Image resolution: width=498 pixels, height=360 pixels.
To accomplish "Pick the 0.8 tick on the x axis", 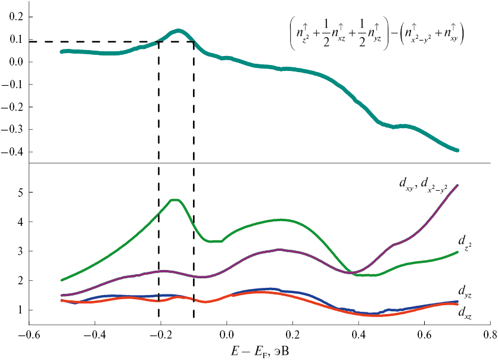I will point(490,325).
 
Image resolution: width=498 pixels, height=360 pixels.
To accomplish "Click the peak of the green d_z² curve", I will point(175,200).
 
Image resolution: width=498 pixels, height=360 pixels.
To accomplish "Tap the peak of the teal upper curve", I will point(178,30).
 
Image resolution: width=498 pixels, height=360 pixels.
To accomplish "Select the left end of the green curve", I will point(61,280).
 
